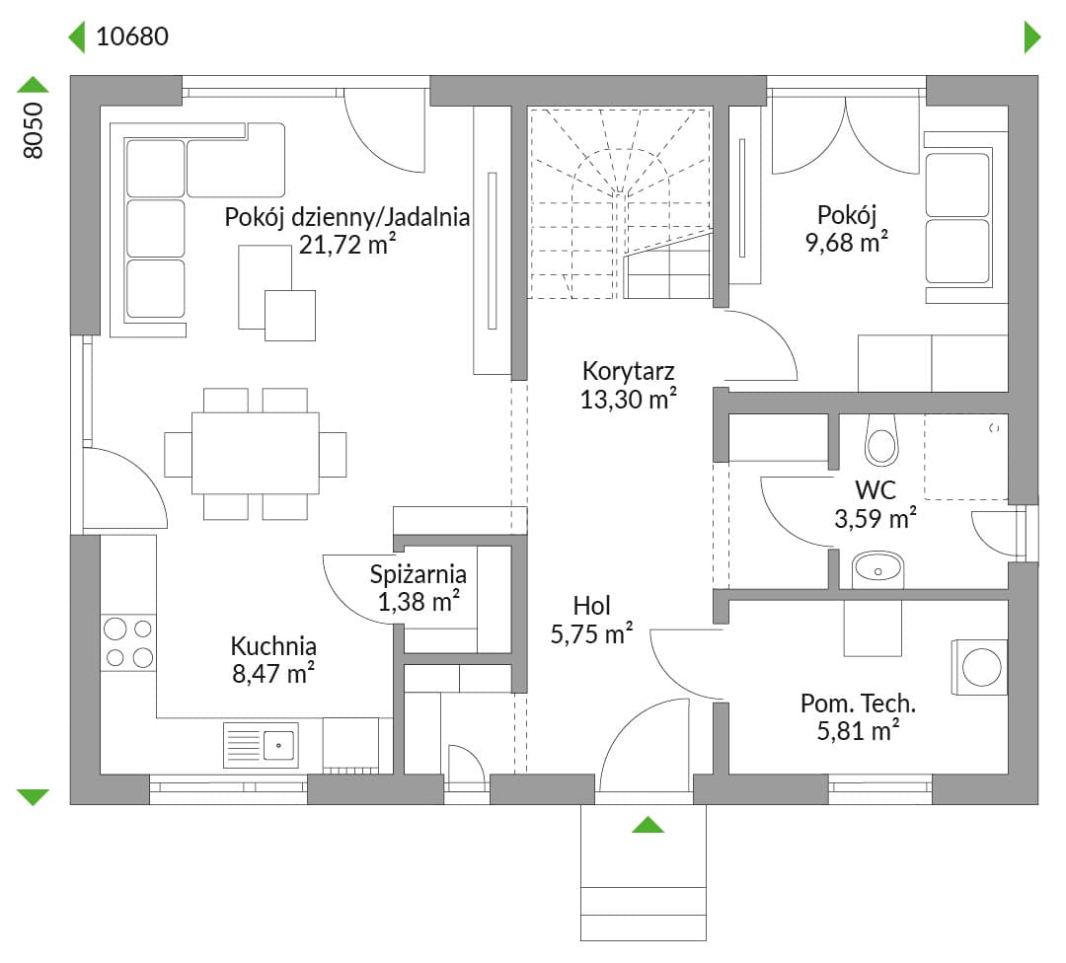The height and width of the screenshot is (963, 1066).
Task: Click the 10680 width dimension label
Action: point(132,37)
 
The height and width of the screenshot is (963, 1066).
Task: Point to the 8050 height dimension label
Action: point(33,130)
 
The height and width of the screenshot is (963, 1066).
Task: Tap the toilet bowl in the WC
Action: point(881,440)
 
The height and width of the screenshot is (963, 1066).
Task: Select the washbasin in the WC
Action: point(877,569)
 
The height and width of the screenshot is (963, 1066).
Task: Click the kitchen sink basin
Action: point(278,745)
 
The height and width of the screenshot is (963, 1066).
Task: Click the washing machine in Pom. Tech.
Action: point(980,667)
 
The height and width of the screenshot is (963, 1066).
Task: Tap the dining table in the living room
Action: point(256,453)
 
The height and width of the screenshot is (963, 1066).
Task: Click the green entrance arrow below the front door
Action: point(647,824)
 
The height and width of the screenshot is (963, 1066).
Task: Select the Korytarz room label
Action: point(628,371)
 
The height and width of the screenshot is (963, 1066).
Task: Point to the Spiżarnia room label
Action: point(419,574)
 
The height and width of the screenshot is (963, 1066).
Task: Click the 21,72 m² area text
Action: point(347,244)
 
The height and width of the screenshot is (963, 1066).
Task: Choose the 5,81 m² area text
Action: point(858,730)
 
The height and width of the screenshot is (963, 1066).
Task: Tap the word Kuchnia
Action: point(273,645)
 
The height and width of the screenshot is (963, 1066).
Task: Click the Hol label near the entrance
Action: point(591,606)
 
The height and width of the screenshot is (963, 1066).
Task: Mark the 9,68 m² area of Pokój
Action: point(847,242)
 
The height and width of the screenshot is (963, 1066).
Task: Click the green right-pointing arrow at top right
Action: point(1032,37)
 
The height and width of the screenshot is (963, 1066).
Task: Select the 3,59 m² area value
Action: point(875,519)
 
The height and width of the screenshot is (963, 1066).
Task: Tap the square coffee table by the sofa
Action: point(290,316)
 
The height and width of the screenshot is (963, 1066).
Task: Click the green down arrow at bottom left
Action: point(33,797)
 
